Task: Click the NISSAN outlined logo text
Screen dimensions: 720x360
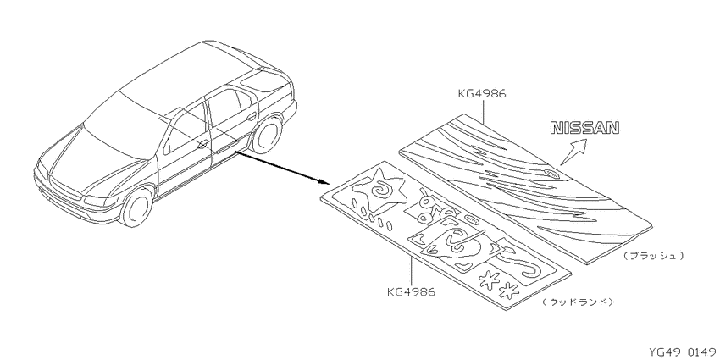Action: (x=584, y=128)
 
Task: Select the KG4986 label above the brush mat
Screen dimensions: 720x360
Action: (x=482, y=94)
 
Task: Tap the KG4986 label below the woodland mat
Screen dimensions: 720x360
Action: (x=411, y=292)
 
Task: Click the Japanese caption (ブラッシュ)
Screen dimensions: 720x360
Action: (x=653, y=255)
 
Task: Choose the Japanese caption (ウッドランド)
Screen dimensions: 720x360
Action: (x=577, y=302)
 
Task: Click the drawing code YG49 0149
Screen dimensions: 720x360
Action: (x=684, y=352)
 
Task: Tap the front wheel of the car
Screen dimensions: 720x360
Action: (x=136, y=208)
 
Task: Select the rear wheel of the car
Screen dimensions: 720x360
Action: (x=267, y=134)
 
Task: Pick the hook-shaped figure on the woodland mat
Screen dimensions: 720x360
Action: (x=533, y=269)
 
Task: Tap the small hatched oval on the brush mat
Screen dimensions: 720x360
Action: (x=551, y=173)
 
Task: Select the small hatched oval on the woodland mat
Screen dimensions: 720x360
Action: (x=471, y=218)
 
